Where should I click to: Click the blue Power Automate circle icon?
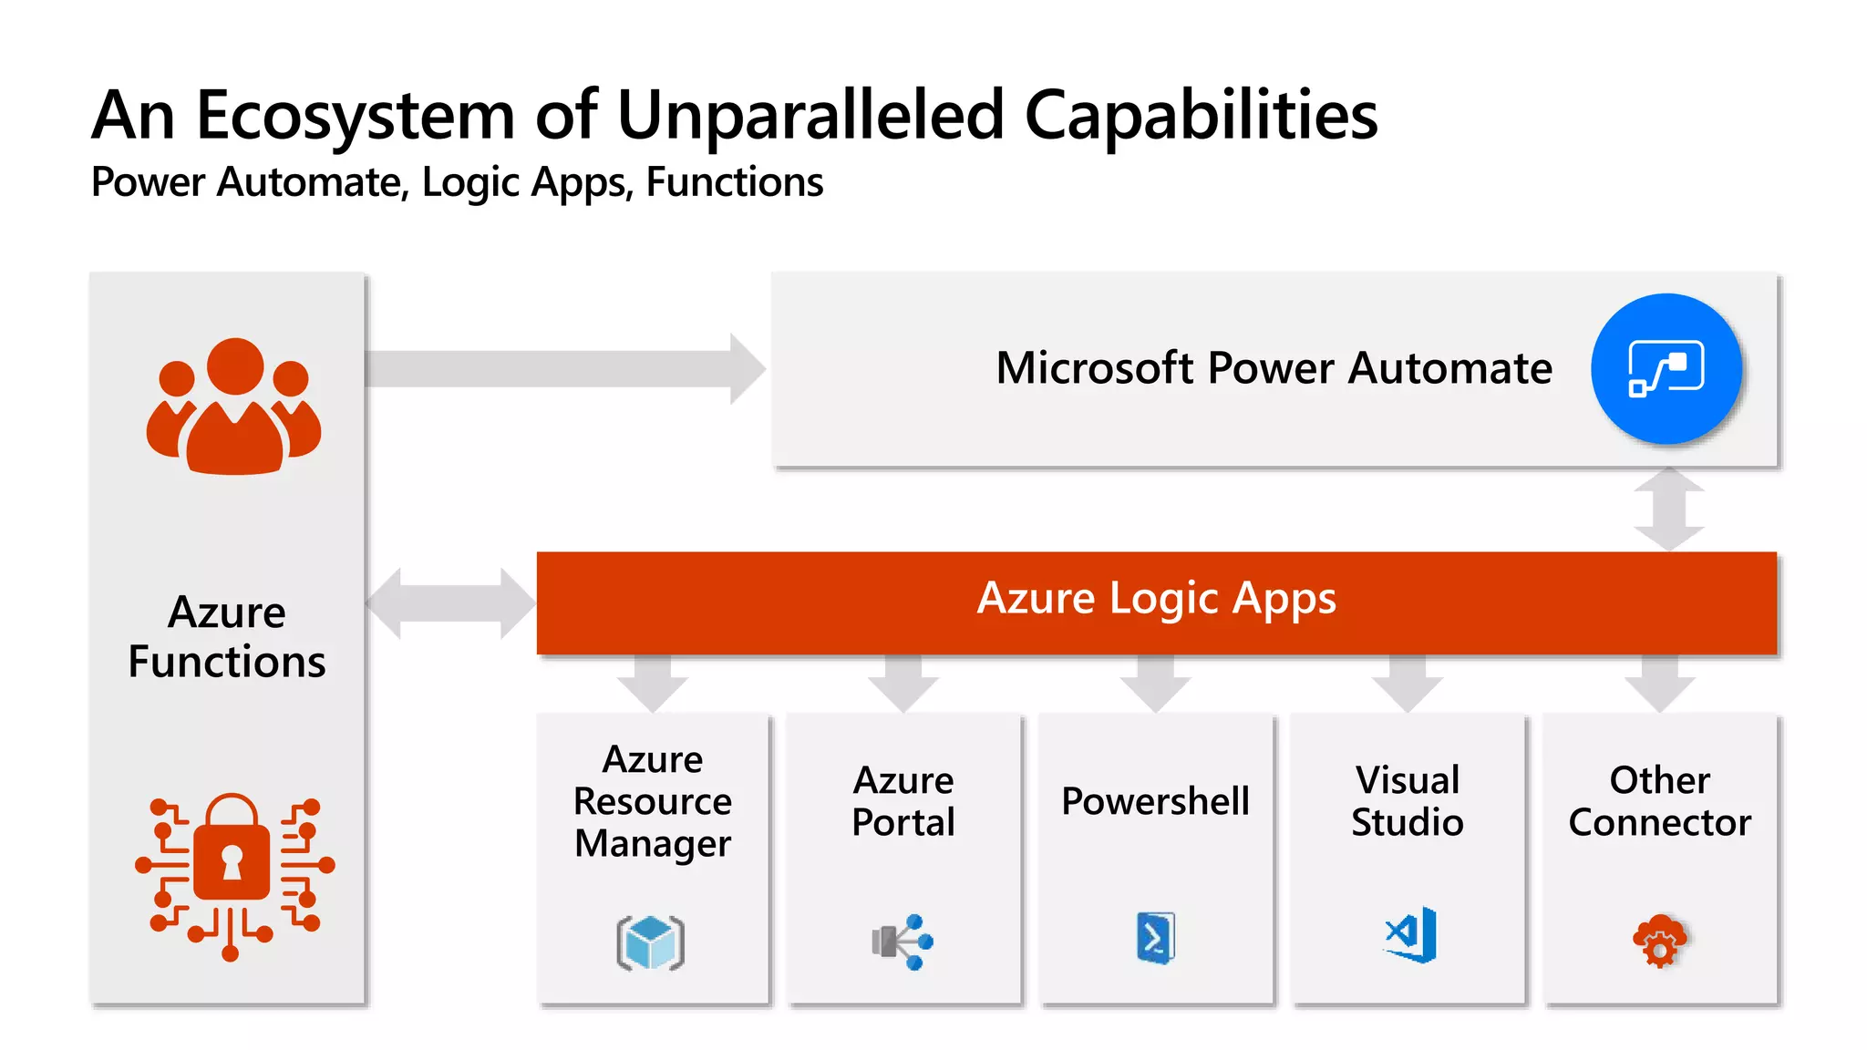[x=1666, y=368]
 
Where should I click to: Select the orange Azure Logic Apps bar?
[x=1156, y=602]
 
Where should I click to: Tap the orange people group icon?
[x=234, y=407]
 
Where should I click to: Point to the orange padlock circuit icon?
[x=233, y=876]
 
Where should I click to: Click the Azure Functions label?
[x=227, y=636]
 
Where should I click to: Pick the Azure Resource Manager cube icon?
[x=651, y=942]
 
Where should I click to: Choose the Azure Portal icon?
[x=903, y=942]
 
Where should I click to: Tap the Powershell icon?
[x=1155, y=937]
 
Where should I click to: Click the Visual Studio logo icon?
[x=1410, y=935]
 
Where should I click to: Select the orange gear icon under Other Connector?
[x=1660, y=941]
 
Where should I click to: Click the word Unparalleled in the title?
[x=810, y=117]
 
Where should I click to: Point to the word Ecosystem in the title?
[x=356, y=117]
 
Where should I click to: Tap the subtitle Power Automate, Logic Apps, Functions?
[x=457, y=182]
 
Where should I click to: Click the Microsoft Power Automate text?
[x=1274, y=368]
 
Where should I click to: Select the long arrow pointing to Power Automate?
[x=565, y=368]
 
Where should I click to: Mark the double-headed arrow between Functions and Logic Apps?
[x=450, y=602]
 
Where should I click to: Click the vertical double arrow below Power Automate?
[x=1668, y=509]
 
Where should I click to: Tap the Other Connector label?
[x=1659, y=801]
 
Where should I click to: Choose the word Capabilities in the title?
[x=1201, y=117]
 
